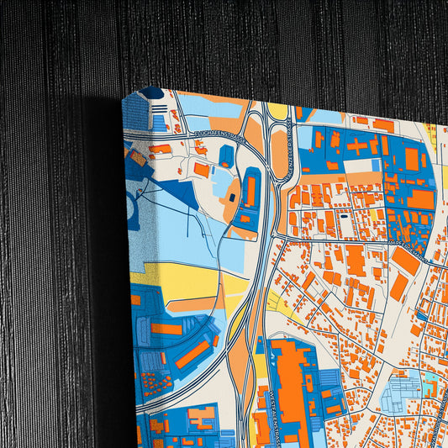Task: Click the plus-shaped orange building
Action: (x=356, y=145)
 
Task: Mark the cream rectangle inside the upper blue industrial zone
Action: (x=361, y=166)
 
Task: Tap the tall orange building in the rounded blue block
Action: (x=250, y=191)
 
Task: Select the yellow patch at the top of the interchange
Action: (x=278, y=111)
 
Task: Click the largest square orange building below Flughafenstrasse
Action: (x=201, y=170)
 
